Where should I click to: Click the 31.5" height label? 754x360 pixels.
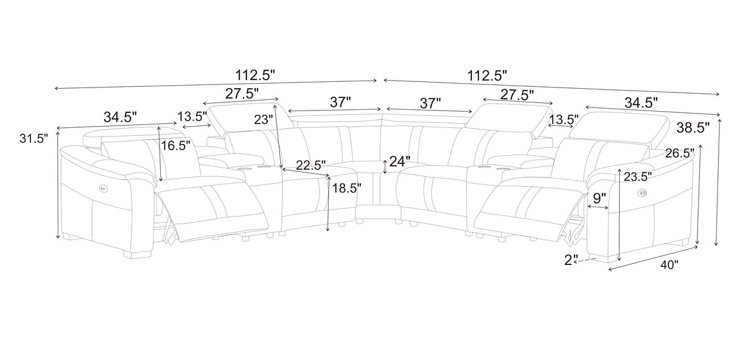tap(34, 138)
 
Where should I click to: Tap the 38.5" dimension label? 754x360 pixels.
tap(693, 128)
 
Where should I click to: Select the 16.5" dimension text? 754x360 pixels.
tap(175, 146)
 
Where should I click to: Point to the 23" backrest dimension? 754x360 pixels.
tap(263, 119)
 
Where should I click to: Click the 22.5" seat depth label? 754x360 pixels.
tap(311, 165)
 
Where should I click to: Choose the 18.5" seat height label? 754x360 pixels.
tap(347, 188)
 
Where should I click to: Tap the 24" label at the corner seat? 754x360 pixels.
tap(400, 161)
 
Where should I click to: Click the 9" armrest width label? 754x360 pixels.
tap(599, 199)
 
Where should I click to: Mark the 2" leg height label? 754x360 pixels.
tap(571, 260)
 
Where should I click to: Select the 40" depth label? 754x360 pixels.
tap(669, 265)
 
